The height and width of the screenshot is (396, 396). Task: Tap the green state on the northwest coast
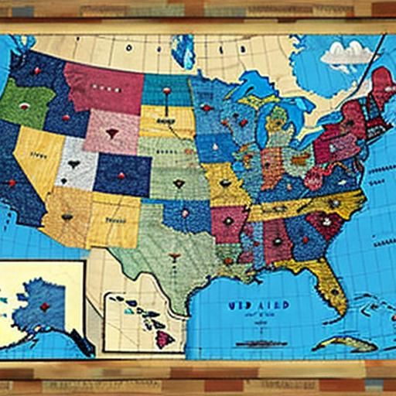pyautogui.click(x=25, y=105)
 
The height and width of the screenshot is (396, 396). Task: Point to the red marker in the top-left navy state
pyautogui.click(x=36, y=70)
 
